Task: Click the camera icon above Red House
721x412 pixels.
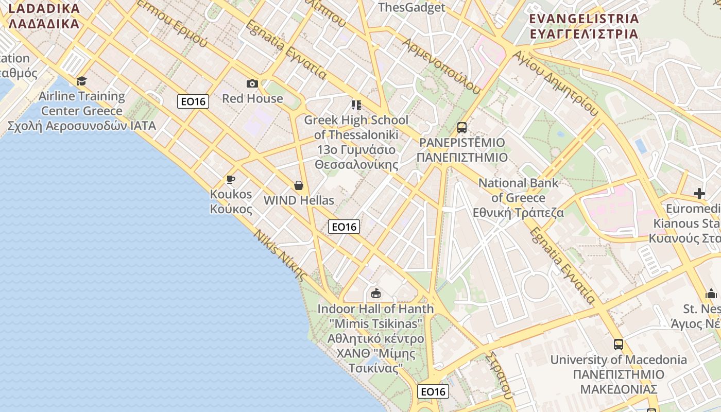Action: click(x=252, y=83)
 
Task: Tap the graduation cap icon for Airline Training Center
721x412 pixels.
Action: click(x=81, y=81)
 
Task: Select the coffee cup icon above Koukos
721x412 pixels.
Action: click(x=230, y=179)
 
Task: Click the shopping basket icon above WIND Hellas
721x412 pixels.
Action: click(x=299, y=185)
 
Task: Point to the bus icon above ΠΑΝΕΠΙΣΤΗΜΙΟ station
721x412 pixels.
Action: click(x=461, y=127)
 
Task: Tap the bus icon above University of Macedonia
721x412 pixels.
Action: click(x=618, y=344)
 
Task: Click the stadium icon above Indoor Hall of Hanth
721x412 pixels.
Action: click(x=375, y=294)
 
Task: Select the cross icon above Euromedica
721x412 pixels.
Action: click(x=699, y=194)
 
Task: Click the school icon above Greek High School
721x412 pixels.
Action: click(x=356, y=105)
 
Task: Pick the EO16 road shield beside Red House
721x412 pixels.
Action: click(x=193, y=101)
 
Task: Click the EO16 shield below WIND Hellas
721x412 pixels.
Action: click(x=344, y=227)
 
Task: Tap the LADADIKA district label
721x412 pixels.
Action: click(x=44, y=16)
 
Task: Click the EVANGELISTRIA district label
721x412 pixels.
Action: click(x=584, y=26)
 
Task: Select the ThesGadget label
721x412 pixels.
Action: click(x=411, y=7)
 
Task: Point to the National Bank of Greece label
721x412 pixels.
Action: click(x=518, y=198)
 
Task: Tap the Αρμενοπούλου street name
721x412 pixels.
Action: click(x=441, y=66)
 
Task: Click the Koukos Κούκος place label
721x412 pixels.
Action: click(x=231, y=201)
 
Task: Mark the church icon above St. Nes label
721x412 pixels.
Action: click(x=711, y=294)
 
